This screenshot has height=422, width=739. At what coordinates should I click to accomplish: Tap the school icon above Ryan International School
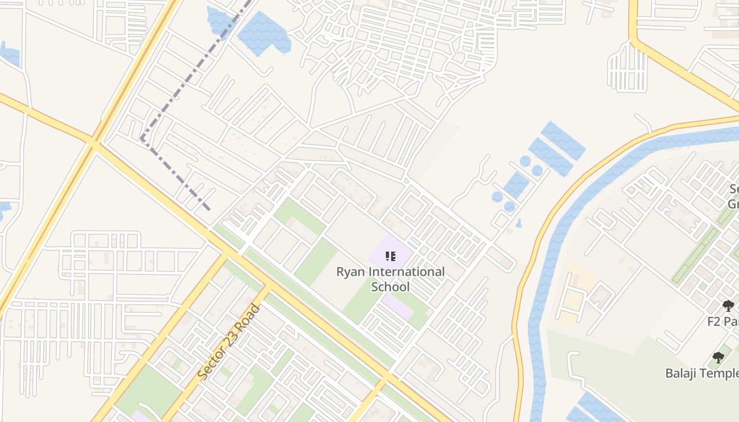coord(391,256)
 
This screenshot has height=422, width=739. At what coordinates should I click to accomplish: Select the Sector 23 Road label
coord(229,341)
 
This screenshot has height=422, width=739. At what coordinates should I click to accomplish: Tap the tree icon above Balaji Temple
coord(718,358)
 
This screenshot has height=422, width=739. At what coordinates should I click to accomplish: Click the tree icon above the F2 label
coord(728,305)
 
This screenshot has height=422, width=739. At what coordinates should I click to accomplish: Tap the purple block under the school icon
coord(391,251)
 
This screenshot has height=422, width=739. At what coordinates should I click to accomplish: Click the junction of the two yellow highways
coord(94,142)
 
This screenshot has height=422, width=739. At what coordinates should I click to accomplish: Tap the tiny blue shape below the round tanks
coord(519,223)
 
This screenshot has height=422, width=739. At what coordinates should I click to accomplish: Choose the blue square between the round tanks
coord(516,185)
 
